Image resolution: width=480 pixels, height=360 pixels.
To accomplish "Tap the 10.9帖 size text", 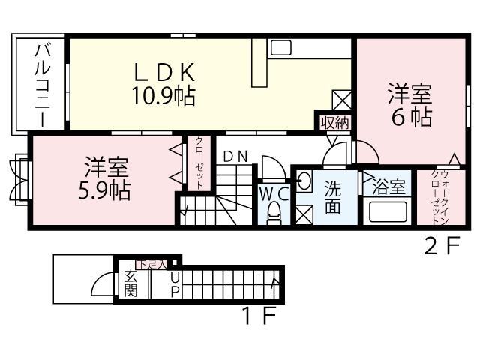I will pyautogui.click(x=165, y=95).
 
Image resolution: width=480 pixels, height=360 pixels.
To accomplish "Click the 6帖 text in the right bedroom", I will pyautogui.click(x=409, y=118).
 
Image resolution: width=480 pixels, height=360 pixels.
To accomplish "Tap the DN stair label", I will pyautogui.click(x=235, y=157).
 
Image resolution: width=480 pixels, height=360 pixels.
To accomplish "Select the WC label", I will pyautogui.click(x=274, y=193).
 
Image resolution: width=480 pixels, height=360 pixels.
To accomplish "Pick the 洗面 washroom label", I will pyautogui.click(x=332, y=196).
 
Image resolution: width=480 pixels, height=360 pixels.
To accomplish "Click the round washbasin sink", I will pyautogui.click(x=304, y=180).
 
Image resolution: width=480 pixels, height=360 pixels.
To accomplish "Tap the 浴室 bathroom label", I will pyautogui.click(x=389, y=187).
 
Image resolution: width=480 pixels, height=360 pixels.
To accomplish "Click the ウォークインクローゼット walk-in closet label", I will pyautogui.click(x=434, y=199).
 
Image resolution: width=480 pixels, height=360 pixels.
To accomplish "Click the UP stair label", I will pyautogui.click(x=175, y=283).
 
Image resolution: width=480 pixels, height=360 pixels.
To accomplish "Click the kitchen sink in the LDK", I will pyautogui.click(x=280, y=48).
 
